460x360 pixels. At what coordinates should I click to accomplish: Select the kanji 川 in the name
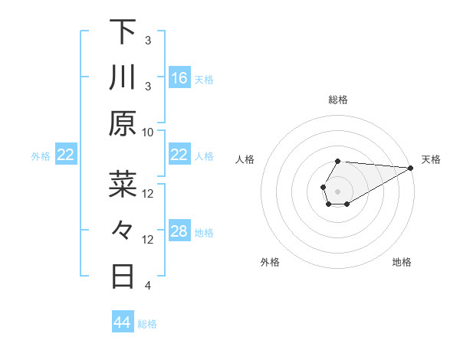(123, 78)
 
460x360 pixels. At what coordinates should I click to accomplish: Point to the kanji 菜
(123, 185)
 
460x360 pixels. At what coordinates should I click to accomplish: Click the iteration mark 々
(123, 231)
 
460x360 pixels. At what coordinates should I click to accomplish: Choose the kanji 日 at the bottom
(123, 277)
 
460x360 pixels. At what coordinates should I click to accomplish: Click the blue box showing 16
(179, 78)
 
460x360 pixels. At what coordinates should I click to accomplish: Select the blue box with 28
(179, 231)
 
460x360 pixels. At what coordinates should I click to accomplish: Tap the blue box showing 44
(123, 322)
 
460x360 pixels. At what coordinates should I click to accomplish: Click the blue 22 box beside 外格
(66, 155)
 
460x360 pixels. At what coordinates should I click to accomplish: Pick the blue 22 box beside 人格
(179, 155)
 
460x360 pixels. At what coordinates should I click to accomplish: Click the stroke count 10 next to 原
(148, 132)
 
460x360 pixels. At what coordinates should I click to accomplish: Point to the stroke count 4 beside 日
(148, 286)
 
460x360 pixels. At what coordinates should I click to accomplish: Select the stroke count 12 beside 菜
(148, 193)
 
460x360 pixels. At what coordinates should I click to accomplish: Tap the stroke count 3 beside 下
(148, 40)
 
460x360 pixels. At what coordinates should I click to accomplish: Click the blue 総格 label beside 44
(147, 324)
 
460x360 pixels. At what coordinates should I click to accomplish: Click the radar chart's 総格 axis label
(337, 100)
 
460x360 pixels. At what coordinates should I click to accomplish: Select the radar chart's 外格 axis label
(270, 262)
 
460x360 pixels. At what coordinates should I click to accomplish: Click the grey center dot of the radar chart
(337, 190)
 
